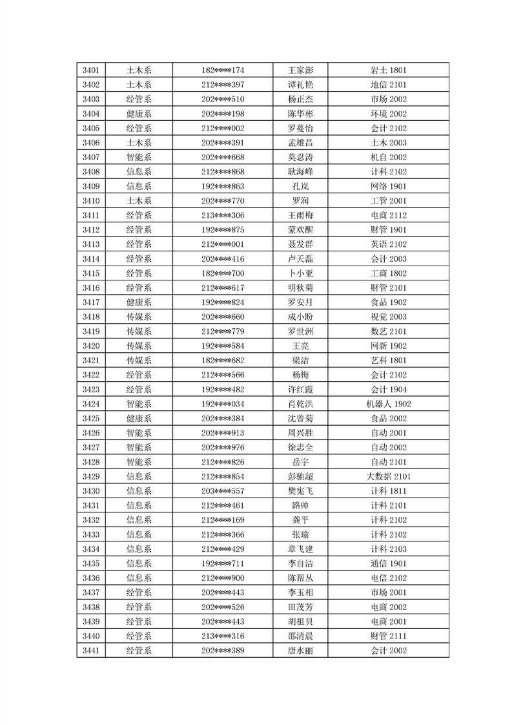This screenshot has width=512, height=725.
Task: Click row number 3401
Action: coord(91,70)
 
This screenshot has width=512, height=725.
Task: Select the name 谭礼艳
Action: coord(300,85)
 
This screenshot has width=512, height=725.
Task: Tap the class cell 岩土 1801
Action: coord(388,70)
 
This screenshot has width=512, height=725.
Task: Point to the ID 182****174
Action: coord(223,70)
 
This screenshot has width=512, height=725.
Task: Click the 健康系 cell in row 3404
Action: coord(139,114)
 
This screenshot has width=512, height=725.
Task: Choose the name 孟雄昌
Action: coord(300,143)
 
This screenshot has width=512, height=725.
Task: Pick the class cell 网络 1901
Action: coord(388,186)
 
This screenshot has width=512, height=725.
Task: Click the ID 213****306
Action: coord(223,215)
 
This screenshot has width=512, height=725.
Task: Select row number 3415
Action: coord(91,273)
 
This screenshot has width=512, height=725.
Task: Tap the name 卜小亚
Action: coord(300,273)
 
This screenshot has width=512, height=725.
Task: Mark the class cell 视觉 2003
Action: coord(388,317)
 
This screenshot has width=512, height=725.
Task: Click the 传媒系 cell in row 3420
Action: coord(139,346)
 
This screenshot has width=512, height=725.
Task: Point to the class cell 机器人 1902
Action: coord(388,404)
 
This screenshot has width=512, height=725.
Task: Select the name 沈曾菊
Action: coord(300,418)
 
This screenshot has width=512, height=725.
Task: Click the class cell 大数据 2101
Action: coord(388,476)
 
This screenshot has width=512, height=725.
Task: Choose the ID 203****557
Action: coord(223,491)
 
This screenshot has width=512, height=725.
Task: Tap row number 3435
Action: coord(91,563)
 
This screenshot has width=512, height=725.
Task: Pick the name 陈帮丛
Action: coord(300,578)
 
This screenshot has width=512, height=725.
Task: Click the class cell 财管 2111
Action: coord(388,636)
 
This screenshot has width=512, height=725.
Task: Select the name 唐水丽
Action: coord(300,651)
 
